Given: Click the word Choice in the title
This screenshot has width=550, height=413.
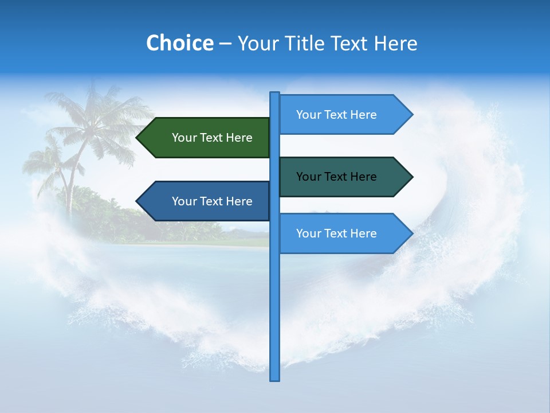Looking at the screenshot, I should pyautogui.click(x=179, y=43).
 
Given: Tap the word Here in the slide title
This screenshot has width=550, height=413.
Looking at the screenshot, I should pyautogui.click(x=396, y=44).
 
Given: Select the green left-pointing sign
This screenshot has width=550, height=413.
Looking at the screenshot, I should pyautogui.click(x=206, y=138).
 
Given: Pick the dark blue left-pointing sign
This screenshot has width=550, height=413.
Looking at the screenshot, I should pyautogui.click(x=206, y=201).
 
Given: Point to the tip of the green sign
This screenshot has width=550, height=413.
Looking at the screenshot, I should pyautogui.click(x=137, y=138).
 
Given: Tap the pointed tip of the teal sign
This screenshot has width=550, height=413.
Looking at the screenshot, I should pyautogui.click(x=411, y=177).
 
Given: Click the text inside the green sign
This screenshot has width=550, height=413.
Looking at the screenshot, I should pyautogui.click(x=212, y=138).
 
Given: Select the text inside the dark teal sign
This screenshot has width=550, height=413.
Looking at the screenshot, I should pyautogui.click(x=336, y=177).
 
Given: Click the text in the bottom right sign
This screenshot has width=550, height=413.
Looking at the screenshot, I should pyautogui.click(x=336, y=233).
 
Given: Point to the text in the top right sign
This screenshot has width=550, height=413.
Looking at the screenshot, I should pyautogui.click(x=336, y=115).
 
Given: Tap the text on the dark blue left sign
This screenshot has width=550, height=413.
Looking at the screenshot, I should pyautogui.click(x=212, y=201).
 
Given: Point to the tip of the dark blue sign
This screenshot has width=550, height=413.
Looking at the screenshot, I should pyautogui.click(x=137, y=201).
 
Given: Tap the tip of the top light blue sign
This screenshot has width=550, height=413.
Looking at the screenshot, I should pyautogui.click(x=411, y=115).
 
